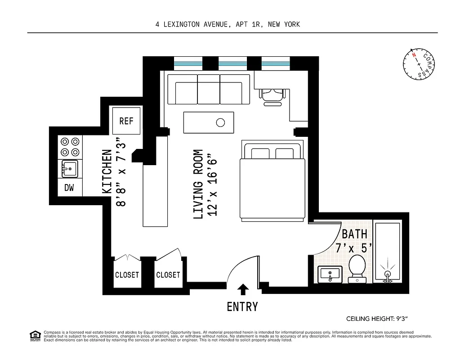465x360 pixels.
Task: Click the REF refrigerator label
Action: (126, 121)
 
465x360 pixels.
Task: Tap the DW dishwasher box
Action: (69, 188)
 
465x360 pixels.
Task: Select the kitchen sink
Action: (70, 170)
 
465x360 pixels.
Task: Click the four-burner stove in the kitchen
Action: (70, 147)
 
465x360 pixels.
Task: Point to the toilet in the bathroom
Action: (358, 269)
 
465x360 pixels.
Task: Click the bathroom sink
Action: (330, 274)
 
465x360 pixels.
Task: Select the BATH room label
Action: (354, 234)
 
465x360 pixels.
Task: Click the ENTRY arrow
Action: (243, 289)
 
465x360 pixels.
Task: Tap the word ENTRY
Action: (242, 307)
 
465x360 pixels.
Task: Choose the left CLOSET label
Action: (127, 274)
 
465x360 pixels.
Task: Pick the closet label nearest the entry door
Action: (168, 274)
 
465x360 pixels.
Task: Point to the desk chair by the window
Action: (273, 95)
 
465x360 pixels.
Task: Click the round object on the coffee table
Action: (220, 122)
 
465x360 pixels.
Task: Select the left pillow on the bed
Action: (260, 153)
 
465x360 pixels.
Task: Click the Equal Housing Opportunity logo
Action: (35, 336)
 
